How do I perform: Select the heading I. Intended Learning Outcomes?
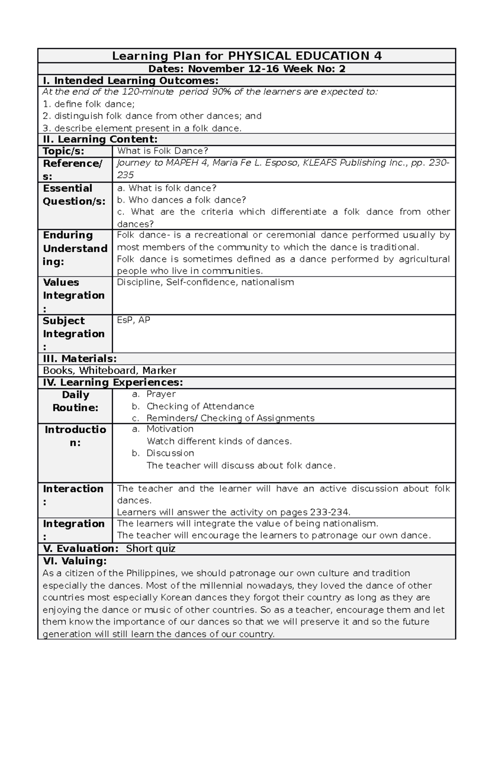tap(130, 80)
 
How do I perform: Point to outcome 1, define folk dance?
tap(89, 104)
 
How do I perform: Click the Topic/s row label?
tap(64, 151)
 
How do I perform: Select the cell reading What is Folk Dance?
tap(163, 151)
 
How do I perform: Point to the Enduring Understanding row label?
tap(75, 248)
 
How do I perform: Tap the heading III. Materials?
tap(80, 359)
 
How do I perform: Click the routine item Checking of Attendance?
tap(200, 407)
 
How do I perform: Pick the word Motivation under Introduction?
tap(170, 429)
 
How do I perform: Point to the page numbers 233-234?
tap(329, 512)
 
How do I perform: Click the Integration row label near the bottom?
tap(73, 524)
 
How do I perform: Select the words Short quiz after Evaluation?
tap(150, 549)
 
